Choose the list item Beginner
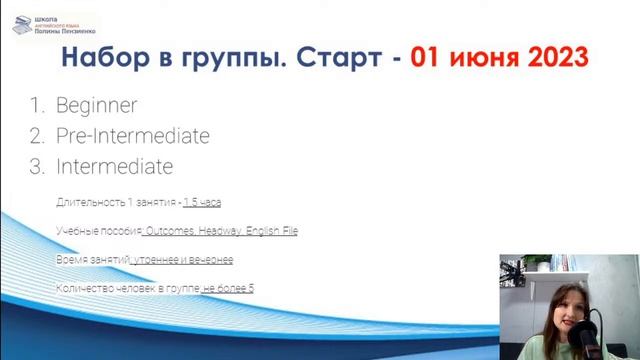coord(97,105)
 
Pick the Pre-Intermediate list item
coord(132,136)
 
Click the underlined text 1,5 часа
coord(202,202)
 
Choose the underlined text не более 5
coord(228,289)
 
